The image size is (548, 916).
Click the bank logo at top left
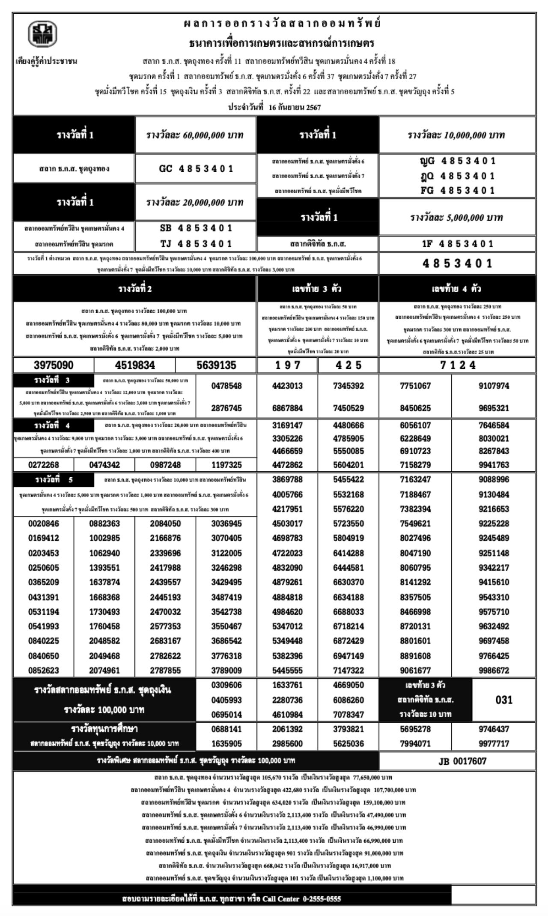[x=43, y=34]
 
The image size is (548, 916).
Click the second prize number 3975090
[x=54, y=365]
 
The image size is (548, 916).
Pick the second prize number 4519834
[x=135, y=365]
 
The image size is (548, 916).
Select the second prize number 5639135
[x=216, y=365]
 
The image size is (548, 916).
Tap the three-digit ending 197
[x=287, y=365]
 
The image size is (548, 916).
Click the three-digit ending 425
[x=348, y=365]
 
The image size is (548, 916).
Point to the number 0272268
[x=44, y=465]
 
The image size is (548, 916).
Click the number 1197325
[x=226, y=465]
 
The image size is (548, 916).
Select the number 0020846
[x=44, y=524]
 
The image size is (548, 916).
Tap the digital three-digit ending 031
[x=504, y=700]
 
